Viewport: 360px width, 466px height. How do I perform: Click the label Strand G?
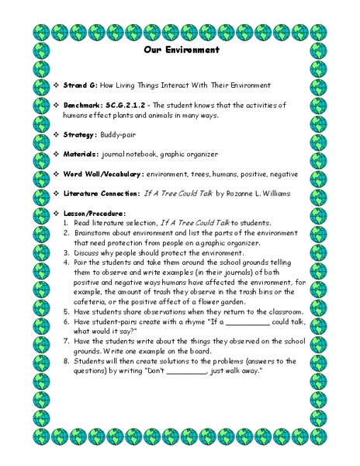pyautogui.click(x=85, y=84)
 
